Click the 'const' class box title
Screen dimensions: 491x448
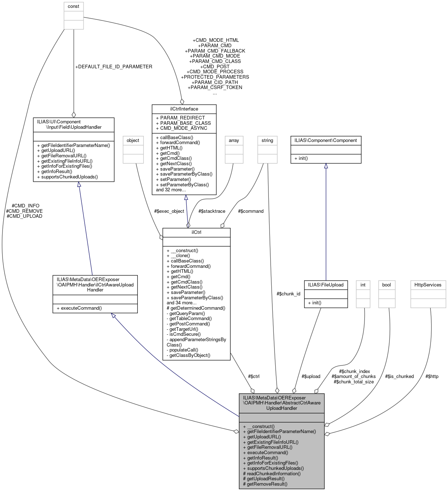74,6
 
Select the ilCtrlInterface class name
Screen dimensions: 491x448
184,109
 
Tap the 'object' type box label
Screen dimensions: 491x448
133,141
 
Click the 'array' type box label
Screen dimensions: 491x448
234,141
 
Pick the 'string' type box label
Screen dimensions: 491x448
267,141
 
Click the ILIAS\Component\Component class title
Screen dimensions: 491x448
326,141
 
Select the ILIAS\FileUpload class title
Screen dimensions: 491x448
326,285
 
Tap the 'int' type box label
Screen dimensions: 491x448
363,285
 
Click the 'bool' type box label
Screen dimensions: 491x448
387,285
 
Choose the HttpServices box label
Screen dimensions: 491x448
428,285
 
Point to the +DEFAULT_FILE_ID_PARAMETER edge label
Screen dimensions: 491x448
114,67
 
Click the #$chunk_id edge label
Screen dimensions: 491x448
288,294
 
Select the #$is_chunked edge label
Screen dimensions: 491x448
399,376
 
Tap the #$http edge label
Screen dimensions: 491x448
432,376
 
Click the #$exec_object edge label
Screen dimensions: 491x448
169,211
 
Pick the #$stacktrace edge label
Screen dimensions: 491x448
212,211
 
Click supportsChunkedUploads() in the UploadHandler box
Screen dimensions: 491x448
69,177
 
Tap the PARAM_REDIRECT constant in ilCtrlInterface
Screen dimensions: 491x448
182,118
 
